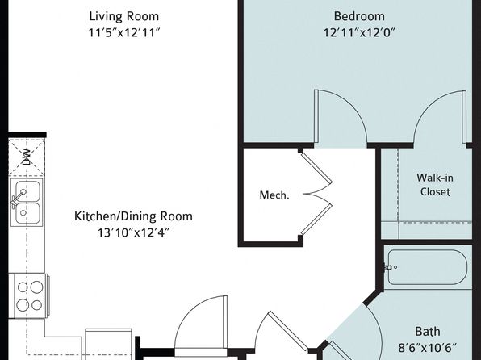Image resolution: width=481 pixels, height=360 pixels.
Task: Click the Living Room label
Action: click(124, 17)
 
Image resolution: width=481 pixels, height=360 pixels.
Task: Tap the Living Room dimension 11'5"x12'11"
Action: click(124, 32)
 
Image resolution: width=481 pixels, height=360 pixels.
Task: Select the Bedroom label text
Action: click(359, 16)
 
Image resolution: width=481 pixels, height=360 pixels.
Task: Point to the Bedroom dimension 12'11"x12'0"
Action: click(359, 32)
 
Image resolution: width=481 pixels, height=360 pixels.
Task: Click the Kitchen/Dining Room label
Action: click(133, 216)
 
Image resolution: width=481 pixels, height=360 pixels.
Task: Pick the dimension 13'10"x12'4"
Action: click(133, 232)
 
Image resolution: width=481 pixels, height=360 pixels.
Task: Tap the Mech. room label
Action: click(274, 195)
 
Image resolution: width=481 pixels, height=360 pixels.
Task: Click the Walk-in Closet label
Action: click(435, 185)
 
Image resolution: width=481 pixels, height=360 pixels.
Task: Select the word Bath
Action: click(428, 332)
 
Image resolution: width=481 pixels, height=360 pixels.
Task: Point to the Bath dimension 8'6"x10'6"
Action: click(427, 348)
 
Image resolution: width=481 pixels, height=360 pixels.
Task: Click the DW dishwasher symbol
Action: click(27, 157)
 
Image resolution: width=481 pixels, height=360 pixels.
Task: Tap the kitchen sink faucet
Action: click(18, 198)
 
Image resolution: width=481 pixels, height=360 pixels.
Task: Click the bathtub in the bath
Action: click(428, 267)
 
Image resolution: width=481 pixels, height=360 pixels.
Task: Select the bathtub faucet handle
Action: click(390, 267)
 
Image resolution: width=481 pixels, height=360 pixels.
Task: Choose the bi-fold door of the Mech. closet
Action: click(317, 194)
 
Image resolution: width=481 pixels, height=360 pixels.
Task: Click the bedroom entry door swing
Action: click(341, 116)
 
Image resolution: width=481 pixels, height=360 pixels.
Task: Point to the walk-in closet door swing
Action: click(440, 116)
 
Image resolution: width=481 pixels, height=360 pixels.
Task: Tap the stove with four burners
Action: click(30, 296)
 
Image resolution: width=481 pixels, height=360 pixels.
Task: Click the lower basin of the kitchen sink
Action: click(27, 213)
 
